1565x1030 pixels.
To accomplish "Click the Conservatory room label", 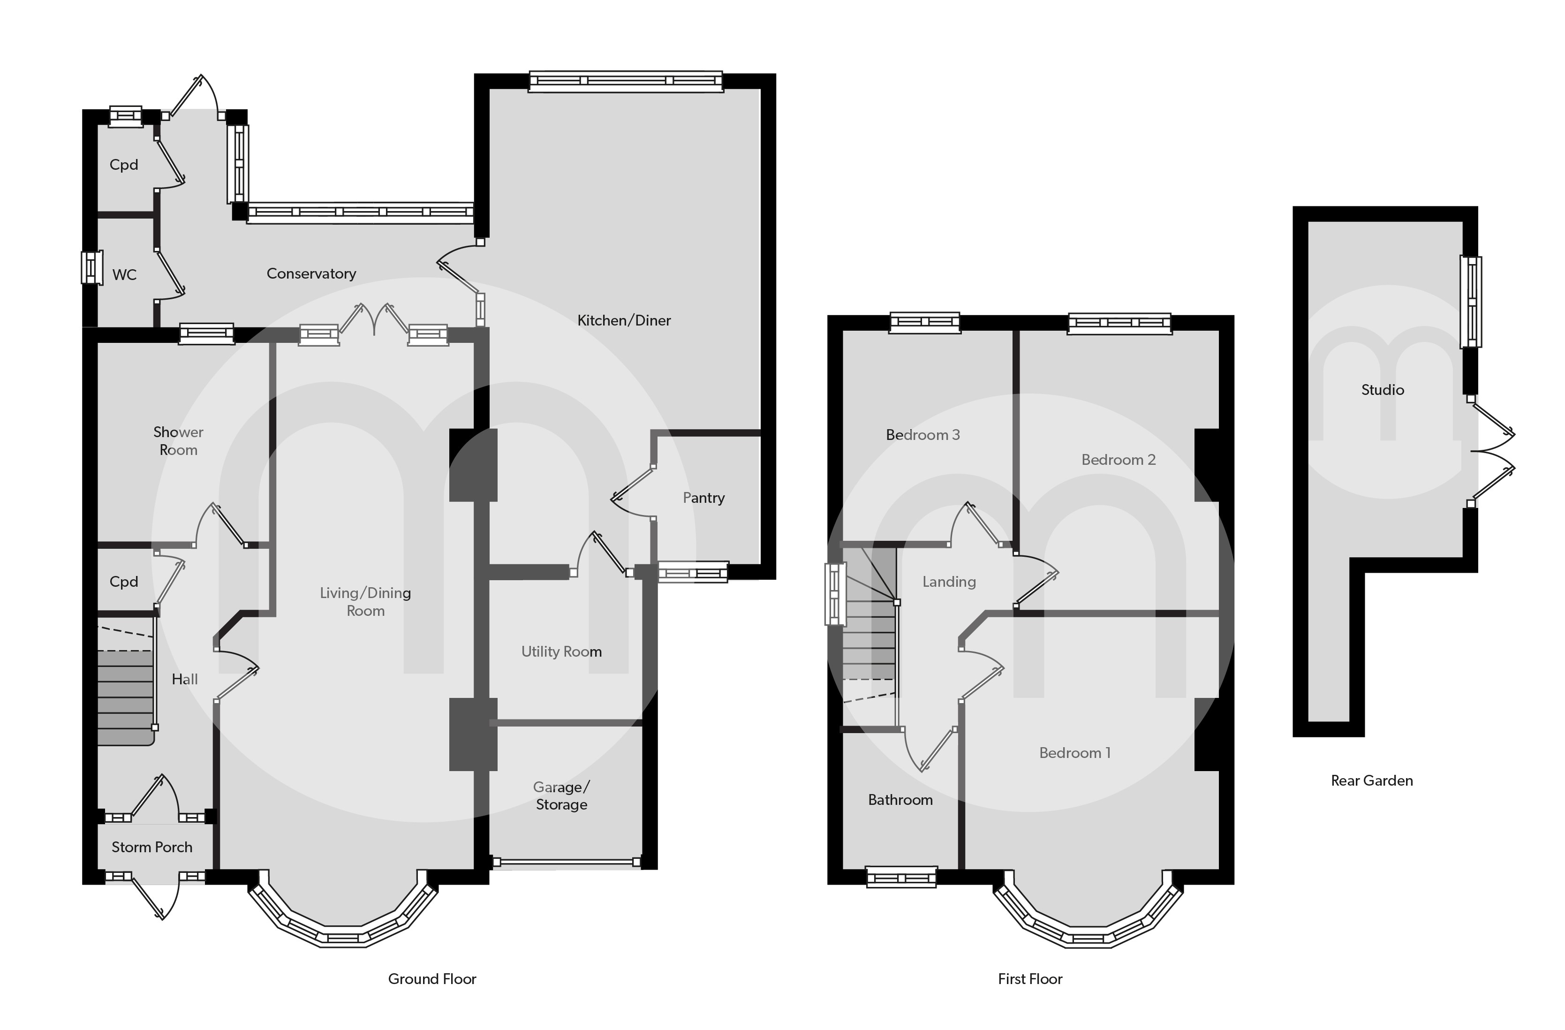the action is [311, 273].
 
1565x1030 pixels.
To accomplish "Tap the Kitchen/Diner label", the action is [624, 320].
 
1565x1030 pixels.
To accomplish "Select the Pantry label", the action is [703, 498].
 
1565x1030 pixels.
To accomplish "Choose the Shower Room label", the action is [178, 441].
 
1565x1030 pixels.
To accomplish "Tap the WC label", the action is [124, 275].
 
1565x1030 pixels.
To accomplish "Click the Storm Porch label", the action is [152, 847].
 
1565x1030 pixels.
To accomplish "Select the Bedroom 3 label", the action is [922, 435].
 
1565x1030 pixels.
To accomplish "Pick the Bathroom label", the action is [900, 800].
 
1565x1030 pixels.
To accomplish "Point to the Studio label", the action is [1382, 390].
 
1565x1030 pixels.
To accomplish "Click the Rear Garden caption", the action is [1372, 781].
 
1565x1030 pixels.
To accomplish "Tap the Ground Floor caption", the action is [432, 979].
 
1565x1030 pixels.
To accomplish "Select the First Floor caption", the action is [1030, 979].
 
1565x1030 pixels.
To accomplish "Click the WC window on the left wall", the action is [91, 268].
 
